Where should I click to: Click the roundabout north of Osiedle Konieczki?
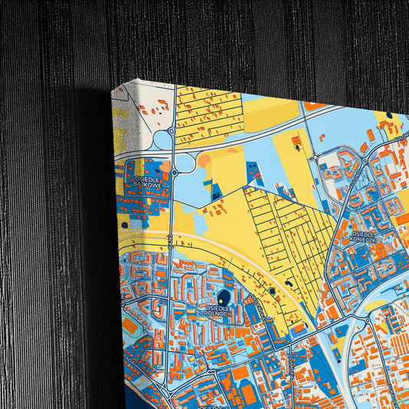coord(315,157)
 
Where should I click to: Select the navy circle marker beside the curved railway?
coord(271,291)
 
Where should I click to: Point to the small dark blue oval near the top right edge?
coord(389,116)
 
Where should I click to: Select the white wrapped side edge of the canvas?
coord(119,230)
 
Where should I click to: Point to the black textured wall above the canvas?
coord(230,38)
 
